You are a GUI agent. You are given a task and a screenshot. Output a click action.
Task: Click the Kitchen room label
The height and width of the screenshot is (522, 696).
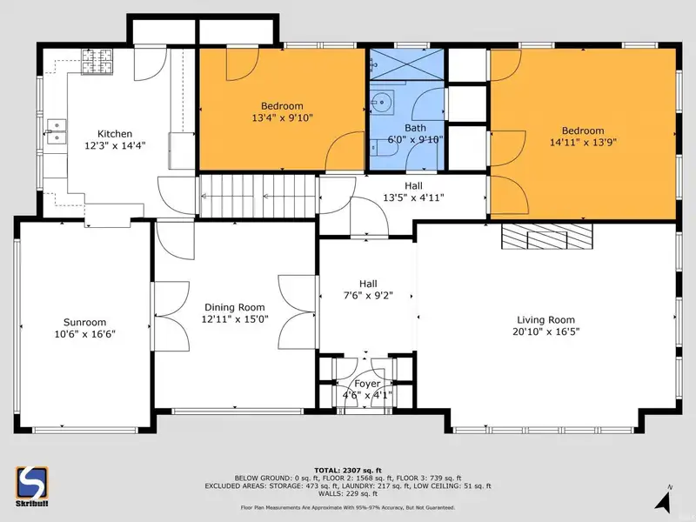[115, 134]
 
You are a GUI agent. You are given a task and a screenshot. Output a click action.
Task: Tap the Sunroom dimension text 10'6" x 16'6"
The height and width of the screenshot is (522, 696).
[84, 334]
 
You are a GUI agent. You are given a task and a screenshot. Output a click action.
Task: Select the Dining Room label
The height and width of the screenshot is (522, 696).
[234, 307]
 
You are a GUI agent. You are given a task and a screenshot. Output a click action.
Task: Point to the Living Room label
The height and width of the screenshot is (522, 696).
[545, 320]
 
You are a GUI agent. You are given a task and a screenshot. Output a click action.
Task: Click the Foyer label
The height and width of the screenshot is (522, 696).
[367, 384]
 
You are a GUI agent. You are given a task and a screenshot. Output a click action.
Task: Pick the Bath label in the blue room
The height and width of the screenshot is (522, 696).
[415, 128]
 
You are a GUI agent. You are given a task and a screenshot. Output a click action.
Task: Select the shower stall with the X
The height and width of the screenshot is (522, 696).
[406, 64]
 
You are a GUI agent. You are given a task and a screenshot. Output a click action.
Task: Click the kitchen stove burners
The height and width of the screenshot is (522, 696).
[97, 61]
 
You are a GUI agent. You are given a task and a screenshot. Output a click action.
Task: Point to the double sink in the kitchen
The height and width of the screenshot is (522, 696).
[57, 132]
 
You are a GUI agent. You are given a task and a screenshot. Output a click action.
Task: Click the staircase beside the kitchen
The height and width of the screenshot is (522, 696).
[258, 197]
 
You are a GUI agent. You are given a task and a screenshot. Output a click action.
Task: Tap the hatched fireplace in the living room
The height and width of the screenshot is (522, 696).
[547, 236]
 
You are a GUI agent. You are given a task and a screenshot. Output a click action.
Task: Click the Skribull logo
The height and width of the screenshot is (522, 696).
[32, 485]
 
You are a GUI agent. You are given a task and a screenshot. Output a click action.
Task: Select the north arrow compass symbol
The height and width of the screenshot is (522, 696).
[663, 499]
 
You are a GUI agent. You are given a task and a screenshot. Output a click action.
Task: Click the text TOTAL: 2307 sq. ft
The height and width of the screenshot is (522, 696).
[347, 471]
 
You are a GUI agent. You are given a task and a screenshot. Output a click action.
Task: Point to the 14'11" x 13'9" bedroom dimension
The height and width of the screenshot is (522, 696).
[583, 143]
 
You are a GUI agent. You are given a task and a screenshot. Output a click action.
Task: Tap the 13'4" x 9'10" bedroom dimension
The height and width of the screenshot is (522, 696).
[282, 117]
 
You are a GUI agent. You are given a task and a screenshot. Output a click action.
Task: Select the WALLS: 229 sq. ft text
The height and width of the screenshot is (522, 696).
[347, 493]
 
